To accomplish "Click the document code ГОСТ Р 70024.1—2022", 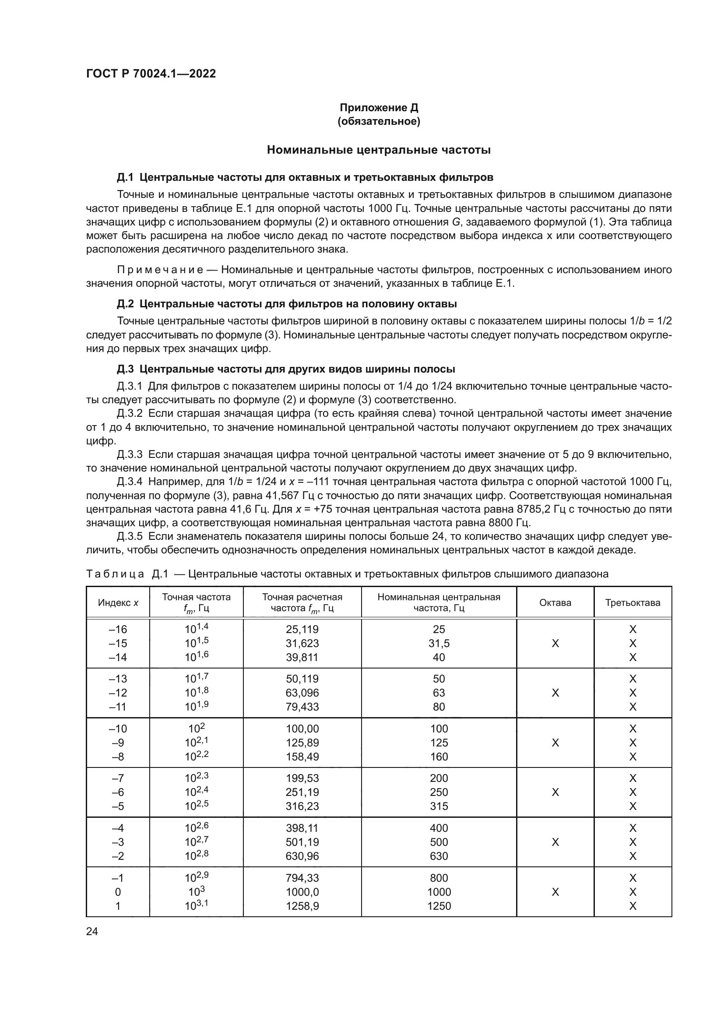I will point(151,74).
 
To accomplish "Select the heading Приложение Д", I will point(379,108).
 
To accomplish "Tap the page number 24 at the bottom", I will point(92,931).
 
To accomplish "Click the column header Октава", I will point(555,602).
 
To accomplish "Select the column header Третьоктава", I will point(633,602).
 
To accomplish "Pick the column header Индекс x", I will point(118,602).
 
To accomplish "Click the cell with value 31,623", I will point(302,643).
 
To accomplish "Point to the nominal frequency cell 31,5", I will point(439,643).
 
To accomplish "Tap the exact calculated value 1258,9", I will point(302,906).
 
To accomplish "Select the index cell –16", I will point(118,629).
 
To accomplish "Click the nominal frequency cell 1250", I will point(439,906).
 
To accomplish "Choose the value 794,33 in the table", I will point(302,878).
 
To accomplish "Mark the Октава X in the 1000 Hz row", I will point(555,892).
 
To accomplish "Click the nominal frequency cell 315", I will point(439,806).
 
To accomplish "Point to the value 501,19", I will point(302,842).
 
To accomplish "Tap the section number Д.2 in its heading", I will point(125,304).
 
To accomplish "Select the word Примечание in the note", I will point(160,270).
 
